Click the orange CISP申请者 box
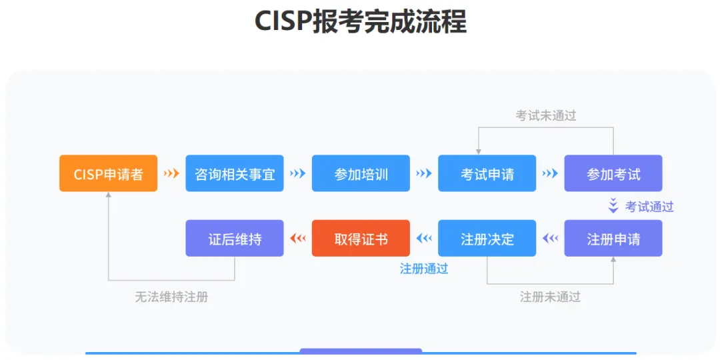coord(108,173)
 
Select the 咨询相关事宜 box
coord(235,173)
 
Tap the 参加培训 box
coord(361,173)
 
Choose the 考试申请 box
coord(487,173)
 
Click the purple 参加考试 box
coord(613,173)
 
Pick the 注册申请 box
coord(613,238)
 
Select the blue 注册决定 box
coord(487,238)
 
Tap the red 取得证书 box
coord(361,238)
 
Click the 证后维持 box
coord(235,238)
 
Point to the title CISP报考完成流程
coord(361,22)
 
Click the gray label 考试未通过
coord(545,115)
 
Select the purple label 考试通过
coord(649,207)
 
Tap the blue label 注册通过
coord(424,269)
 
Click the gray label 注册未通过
coord(550,297)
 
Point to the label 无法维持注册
coord(171,297)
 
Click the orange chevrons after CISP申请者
coord(171,173)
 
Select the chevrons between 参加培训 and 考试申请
coord(424,173)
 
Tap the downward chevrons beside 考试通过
coord(613,206)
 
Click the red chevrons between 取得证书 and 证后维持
coord(298,238)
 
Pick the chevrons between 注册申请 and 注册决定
coord(550,238)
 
